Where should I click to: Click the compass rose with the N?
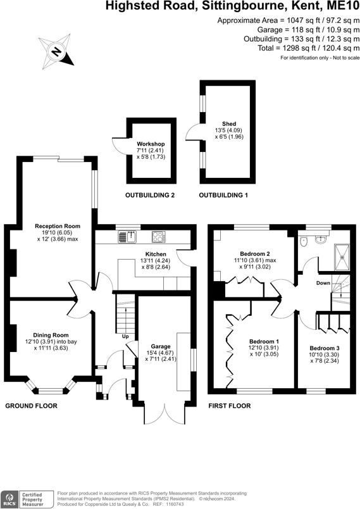click(56, 52)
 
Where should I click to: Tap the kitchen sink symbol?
click(127, 237)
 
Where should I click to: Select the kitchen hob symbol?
click(159, 237)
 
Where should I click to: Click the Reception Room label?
click(58, 226)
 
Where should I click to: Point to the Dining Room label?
click(51, 335)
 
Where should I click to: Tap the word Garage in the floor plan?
click(161, 346)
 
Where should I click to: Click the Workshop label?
click(151, 144)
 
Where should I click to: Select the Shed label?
click(229, 123)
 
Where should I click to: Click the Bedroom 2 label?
click(255, 254)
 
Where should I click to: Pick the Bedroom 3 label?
click(325, 348)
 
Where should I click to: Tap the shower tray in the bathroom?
click(342, 257)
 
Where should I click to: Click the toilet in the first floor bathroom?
click(304, 241)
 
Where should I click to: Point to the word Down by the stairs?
click(323, 283)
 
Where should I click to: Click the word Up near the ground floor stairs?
click(125, 337)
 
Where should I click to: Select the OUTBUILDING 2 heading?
click(150, 195)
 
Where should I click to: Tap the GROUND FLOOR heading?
click(31, 406)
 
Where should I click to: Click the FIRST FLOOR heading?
click(230, 406)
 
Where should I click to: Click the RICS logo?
click(9, 500)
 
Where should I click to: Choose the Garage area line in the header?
click(308, 30)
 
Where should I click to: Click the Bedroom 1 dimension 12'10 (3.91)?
click(264, 348)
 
